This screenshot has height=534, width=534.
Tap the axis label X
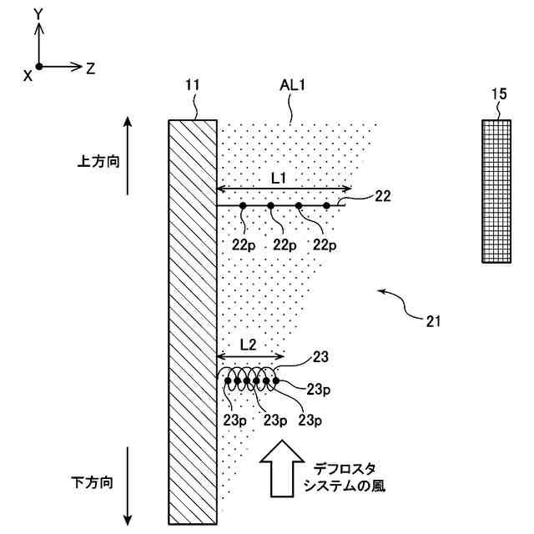point(28,75)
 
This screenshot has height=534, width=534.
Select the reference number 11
point(193,85)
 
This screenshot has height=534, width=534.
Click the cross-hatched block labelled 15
point(496,192)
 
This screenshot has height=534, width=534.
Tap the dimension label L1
point(279,177)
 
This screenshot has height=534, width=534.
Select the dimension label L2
point(247,344)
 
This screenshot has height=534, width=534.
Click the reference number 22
point(383,196)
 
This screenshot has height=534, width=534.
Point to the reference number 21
point(434,320)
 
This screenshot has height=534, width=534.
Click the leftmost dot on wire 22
point(243,205)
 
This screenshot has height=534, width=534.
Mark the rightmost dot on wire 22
point(327,205)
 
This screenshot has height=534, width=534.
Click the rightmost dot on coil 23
point(276,381)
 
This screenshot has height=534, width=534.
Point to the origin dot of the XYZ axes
point(38,65)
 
